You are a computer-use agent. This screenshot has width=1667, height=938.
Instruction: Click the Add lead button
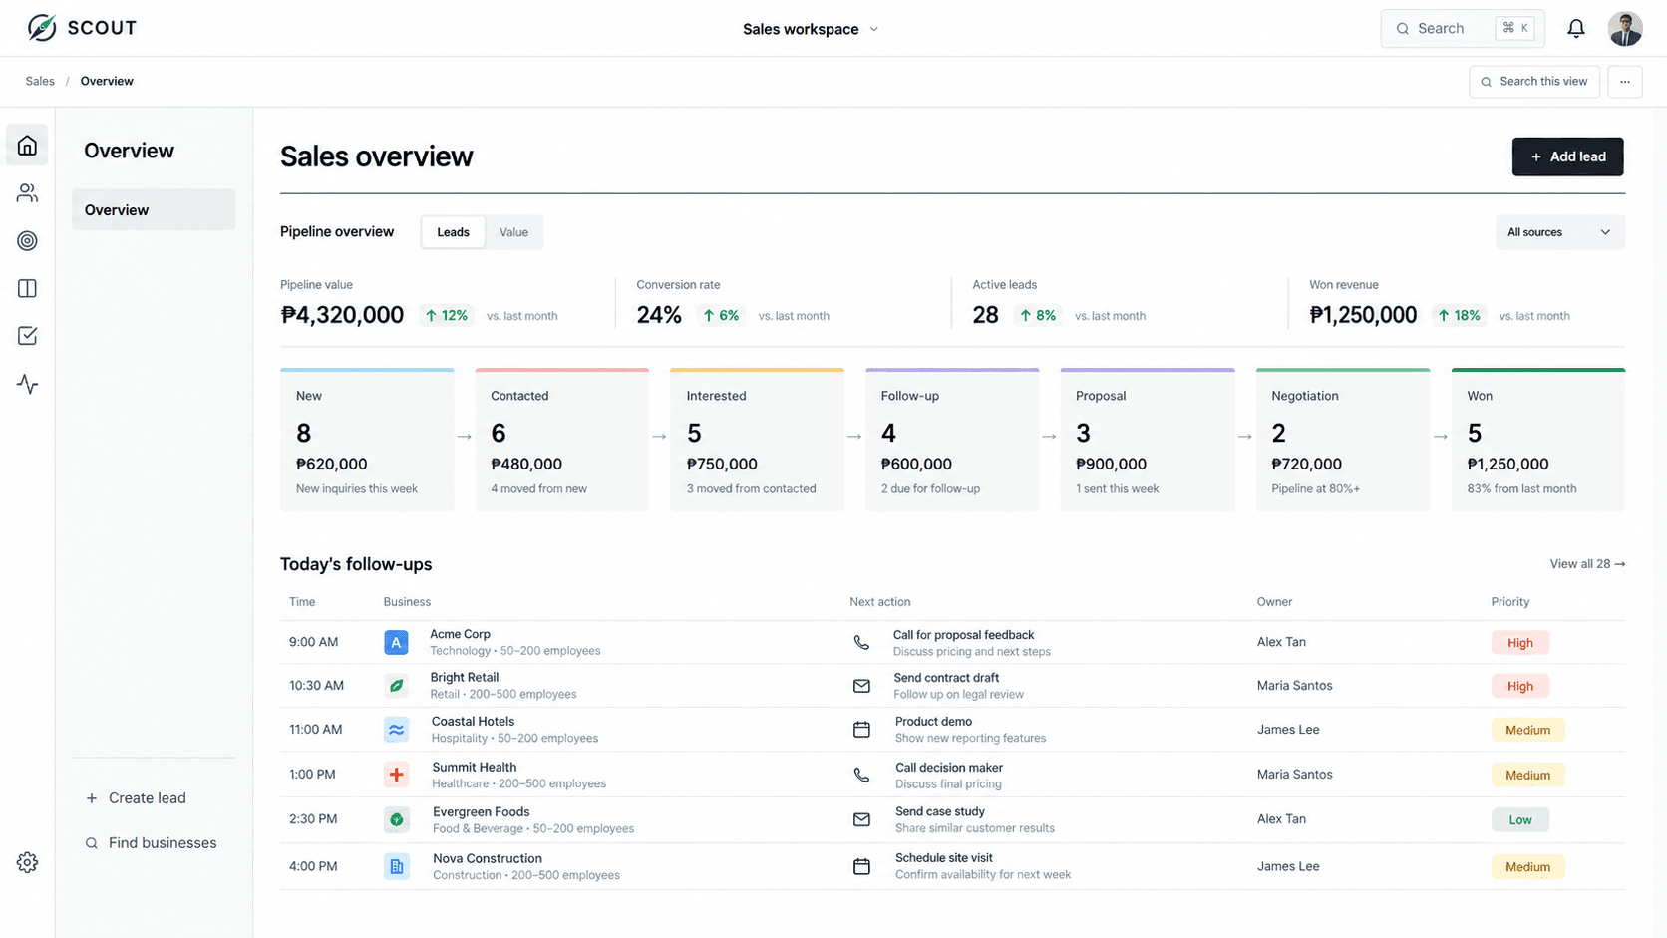click(1567, 156)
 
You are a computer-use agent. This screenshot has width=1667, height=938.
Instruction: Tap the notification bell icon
click(1575, 28)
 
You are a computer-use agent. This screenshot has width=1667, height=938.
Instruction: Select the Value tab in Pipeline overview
click(513, 232)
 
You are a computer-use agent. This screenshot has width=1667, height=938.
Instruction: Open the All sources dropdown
click(1560, 232)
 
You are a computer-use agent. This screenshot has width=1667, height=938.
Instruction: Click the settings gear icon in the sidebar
click(28, 862)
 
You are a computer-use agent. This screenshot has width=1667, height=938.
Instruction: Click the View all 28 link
click(1587, 564)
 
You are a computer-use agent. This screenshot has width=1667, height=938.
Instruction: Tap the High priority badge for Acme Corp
click(1519, 643)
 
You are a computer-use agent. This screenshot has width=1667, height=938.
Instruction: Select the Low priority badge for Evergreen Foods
click(1519, 819)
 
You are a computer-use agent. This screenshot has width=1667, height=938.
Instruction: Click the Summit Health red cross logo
click(396, 775)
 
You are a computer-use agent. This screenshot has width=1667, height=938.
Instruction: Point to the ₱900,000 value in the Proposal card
click(1111, 465)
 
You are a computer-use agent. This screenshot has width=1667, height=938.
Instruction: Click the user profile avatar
click(1624, 28)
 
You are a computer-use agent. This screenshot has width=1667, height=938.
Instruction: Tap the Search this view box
click(1533, 81)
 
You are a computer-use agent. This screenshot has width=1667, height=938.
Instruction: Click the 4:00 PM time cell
click(313, 866)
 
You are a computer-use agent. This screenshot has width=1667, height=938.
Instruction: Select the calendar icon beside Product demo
click(861, 729)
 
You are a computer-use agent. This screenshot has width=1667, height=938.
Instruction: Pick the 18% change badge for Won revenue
click(1459, 315)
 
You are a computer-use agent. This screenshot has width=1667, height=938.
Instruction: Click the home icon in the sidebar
click(28, 146)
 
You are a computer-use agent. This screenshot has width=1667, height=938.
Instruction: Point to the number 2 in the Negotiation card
click(1278, 433)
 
